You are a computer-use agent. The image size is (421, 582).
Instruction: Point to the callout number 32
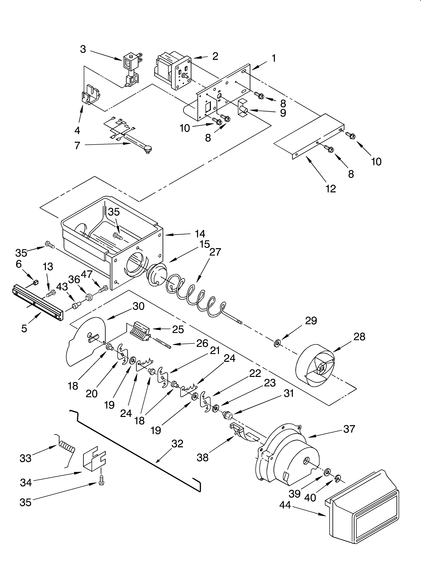177,444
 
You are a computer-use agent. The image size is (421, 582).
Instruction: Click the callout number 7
77,146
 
